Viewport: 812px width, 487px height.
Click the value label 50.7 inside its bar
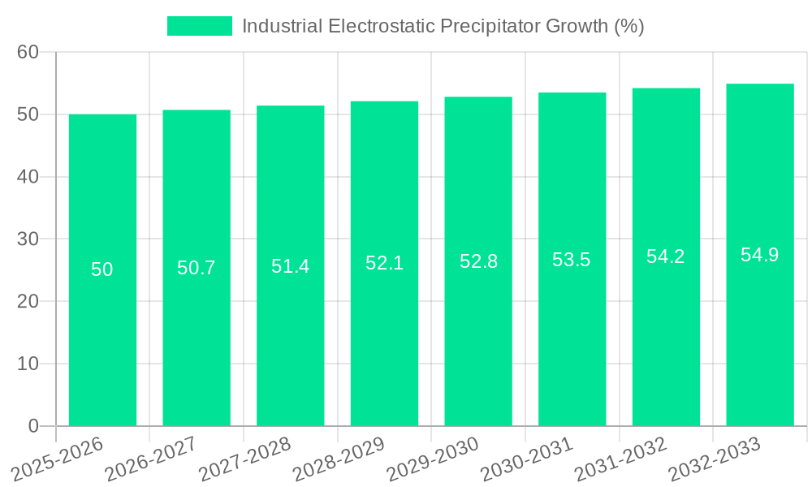coord(197,268)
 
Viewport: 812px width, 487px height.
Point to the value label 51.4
coord(290,266)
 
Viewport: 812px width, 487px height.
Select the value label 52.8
coord(478,261)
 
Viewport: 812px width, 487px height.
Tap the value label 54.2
coord(666,256)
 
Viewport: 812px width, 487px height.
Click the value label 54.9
coord(760,255)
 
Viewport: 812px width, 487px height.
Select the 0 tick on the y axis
coord(33,426)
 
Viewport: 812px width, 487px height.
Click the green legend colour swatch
coord(199,26)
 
